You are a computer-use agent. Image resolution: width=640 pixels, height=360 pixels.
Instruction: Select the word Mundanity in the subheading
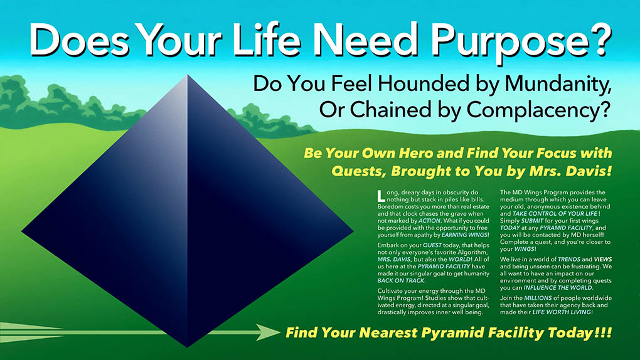pos(558,84)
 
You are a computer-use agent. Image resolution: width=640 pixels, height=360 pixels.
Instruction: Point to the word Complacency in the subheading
pos(533,110)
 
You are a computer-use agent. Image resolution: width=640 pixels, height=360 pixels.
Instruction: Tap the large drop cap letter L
pos(381,196)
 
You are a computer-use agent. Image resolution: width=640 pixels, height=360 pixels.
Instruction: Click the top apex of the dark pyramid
pos(188,75)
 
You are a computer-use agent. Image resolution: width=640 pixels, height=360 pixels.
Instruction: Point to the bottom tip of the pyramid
pos(188,347)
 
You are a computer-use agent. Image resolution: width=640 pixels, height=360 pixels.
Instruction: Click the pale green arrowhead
pos(268,332)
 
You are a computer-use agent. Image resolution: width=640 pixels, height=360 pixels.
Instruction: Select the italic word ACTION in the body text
pos(429,221)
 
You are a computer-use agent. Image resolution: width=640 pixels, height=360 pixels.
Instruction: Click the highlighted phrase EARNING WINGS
pos(464,235)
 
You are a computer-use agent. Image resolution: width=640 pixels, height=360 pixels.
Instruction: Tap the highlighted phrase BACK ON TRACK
pos(401,281)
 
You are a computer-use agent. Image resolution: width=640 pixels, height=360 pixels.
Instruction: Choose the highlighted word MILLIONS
pos(538,299)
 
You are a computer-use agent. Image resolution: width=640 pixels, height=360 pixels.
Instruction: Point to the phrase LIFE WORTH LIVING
pos(562,312)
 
